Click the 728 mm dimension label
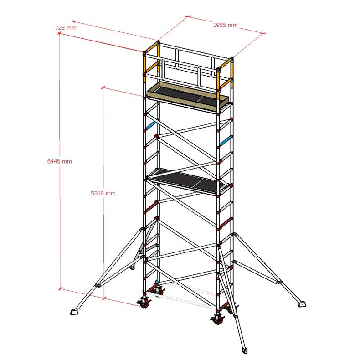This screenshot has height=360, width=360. [x=66, y=28]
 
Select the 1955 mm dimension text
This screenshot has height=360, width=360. [x=225, y=25]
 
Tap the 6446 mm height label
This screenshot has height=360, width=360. [x=59, y=161]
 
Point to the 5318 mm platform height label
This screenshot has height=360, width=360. [x=103, y=193]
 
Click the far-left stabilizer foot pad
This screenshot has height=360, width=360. [x=74, y=312]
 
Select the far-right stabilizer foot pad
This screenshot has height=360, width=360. [x=303, y=304]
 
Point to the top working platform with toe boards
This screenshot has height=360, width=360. [x=188, y=98]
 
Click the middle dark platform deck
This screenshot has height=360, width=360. [x=188, y=181]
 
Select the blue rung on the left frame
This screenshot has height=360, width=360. [x=151, y=126]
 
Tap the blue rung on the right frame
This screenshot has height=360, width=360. [x=226, y=141]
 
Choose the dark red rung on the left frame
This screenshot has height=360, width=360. [x=151, y=207]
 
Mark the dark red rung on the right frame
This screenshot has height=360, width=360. [x=226, y=223]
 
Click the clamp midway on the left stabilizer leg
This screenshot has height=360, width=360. [x=98, y=285]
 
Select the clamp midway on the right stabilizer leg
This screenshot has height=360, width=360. [x=278, y=282]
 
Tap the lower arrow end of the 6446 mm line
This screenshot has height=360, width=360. [x=60, y=288]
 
